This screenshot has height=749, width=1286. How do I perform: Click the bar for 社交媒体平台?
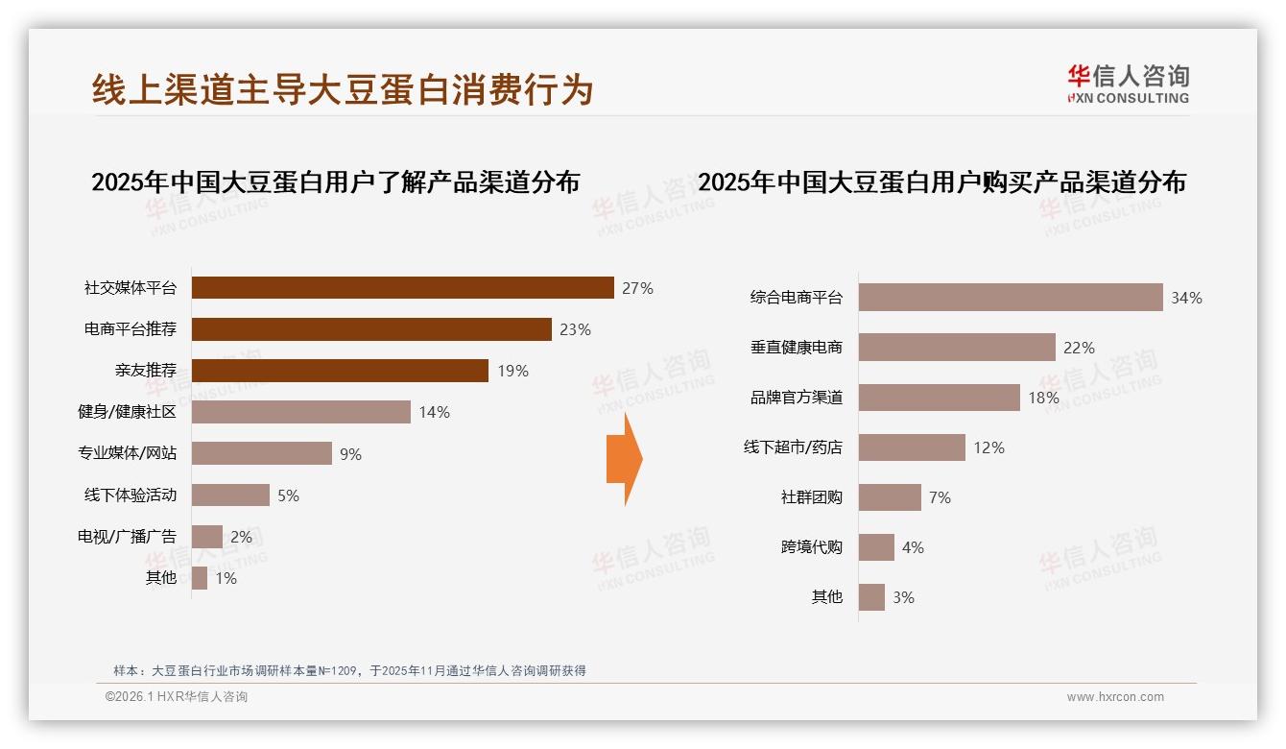coord(402,288)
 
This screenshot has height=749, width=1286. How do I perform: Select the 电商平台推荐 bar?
coord(371,329)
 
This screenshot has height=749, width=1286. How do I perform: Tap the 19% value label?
coord(512,371)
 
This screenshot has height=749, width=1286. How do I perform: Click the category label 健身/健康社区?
coord(127,412)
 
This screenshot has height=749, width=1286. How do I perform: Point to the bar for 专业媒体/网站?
coord(262,453)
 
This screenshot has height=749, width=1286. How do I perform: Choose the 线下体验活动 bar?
coord(230,495)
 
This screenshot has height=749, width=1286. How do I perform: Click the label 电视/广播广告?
coord(127,537)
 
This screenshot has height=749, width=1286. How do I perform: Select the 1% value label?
coord(226,578)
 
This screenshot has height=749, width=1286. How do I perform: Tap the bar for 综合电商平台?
coord(1011,298)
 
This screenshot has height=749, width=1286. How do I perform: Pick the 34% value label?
coord(1186,298)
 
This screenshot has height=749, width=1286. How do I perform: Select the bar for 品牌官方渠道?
coord(939,398)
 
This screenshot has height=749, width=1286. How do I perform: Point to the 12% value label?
coord(988,447)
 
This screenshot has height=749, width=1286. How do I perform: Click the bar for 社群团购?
coord(890,497)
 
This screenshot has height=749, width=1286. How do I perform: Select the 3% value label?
coord(903,597)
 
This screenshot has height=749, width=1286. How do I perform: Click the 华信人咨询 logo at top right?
coord(1128,85)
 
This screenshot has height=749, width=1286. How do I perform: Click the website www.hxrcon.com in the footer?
coord(1115,697)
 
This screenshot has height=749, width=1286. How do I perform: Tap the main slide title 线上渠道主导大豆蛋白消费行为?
coord(343,89)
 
